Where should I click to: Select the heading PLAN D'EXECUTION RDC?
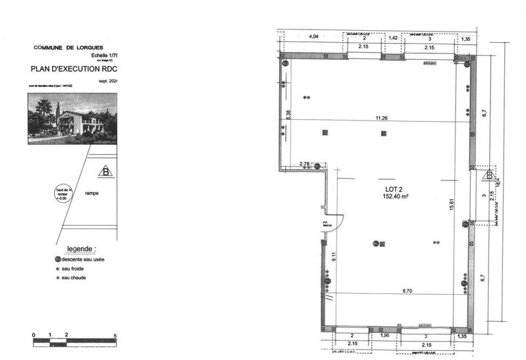coord(73,68)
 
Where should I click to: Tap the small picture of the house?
coord(71,118)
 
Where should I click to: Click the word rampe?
coord(92,193)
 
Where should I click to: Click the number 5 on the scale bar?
coord(116,336)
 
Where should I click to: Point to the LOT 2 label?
coord(394,189)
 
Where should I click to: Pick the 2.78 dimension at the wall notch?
coord(304,163)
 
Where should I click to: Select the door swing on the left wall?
coord(334,226)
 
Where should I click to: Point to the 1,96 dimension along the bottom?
coord(387,336)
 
